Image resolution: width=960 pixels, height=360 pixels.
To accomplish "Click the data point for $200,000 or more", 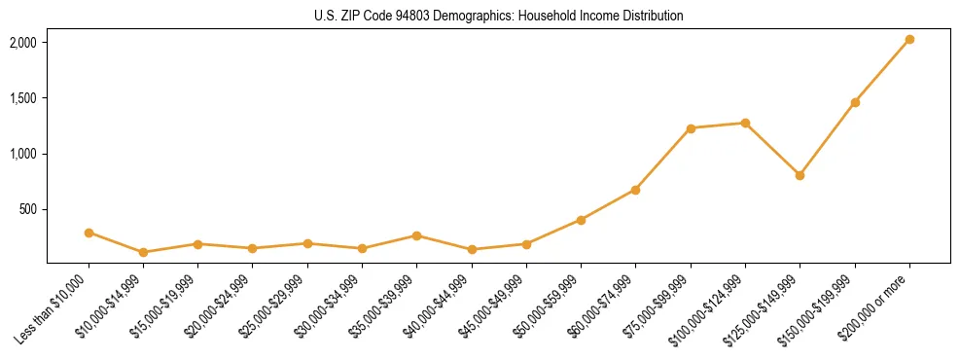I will tap(909, 40).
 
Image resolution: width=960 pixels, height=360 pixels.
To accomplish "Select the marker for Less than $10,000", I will tap(89, 233).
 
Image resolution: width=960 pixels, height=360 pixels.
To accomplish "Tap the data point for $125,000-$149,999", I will tap(800, 175).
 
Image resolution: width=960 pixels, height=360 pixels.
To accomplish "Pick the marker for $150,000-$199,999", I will tap(855, 102).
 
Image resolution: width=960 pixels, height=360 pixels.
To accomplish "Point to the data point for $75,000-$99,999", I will tap(691, 128).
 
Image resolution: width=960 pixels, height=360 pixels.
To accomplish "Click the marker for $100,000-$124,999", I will tap(745, 123).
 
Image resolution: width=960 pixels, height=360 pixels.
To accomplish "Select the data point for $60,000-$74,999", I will tap(635, 190).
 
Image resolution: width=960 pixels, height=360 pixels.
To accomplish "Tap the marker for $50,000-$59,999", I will tap(581, 220).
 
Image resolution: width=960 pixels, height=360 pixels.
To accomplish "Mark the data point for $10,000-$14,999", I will tap(143, 252).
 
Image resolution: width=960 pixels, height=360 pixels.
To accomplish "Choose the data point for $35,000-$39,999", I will tap(416, 235).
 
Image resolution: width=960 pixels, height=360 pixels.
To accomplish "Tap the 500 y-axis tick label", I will tap(27, 209).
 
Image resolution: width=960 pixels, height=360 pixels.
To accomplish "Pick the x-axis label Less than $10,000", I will tap(53, 307).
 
